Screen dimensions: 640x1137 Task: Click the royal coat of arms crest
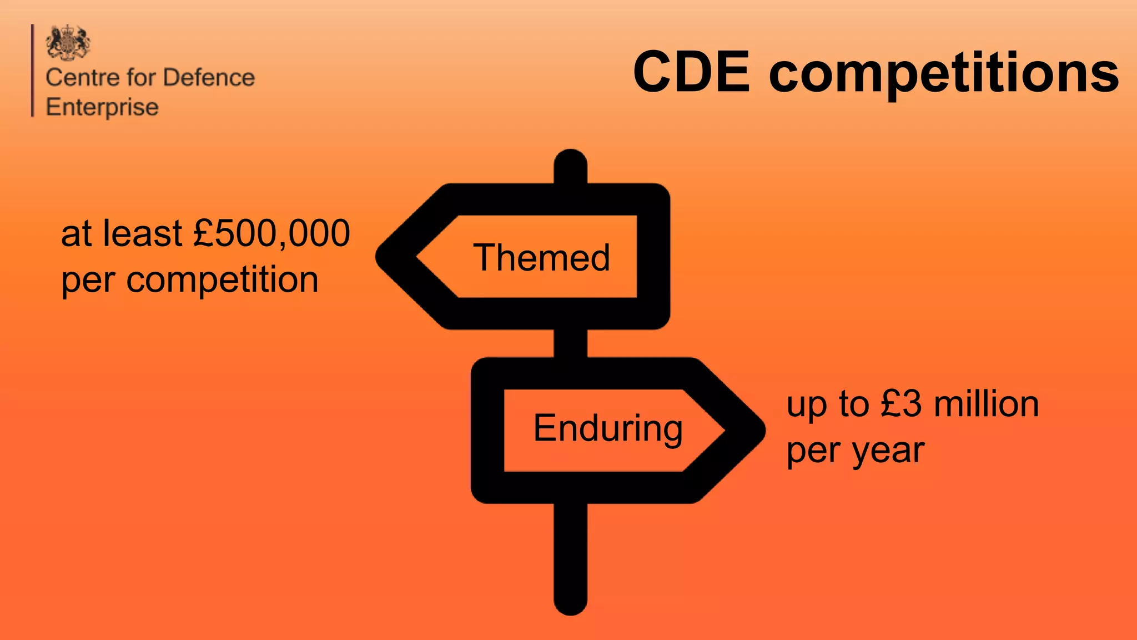(x=68, y=42)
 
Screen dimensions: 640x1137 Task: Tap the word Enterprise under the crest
(x=102, y=107)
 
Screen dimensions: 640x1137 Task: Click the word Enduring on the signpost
(x=608, y=428)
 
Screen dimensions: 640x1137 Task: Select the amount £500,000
(x=271, y=233)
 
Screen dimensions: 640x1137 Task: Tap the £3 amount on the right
(x=901, y=404)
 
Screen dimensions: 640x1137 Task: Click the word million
(x=986, y=404)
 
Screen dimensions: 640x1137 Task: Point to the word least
(x=142, y=233)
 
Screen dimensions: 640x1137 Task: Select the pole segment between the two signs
(x=571, y=343)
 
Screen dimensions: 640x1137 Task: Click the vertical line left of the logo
(x=33, y=71)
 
